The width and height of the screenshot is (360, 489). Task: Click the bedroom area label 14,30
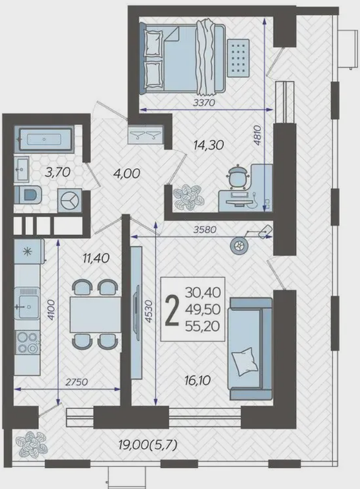[209, 145]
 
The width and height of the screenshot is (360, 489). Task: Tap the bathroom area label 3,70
[57, 172]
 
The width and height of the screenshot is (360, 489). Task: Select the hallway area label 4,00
[127, 174]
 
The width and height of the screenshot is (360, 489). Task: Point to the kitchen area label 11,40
[96, 258]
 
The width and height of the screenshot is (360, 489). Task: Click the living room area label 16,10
[198, 380]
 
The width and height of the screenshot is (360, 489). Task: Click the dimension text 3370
[204, 102]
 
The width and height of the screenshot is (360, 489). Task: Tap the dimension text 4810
[257, 135]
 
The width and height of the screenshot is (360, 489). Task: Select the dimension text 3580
[205, 230]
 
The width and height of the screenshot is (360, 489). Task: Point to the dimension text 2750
[77, 382]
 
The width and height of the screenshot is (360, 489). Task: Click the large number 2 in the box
[172, 310]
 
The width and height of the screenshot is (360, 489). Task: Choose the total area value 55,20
[203, 327]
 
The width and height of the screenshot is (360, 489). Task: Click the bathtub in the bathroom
[44, 139]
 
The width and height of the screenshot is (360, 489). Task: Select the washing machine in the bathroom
[69, 201]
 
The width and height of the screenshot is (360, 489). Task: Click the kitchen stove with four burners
[27, 342]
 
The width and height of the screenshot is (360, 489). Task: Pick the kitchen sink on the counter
[27, 304]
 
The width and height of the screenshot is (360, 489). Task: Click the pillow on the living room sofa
[244, 362]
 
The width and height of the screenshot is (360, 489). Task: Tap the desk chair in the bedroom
[238, 178]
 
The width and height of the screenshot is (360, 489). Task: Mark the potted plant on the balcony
[32, 444]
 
